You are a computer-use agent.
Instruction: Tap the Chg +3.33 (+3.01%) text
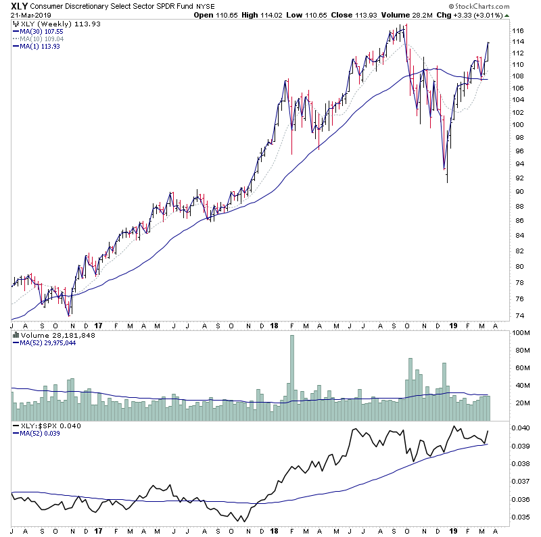pos(500,15)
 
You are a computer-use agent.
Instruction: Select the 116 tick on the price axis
pos(517,31)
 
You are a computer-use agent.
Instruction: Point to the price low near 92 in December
pos(447,181)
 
